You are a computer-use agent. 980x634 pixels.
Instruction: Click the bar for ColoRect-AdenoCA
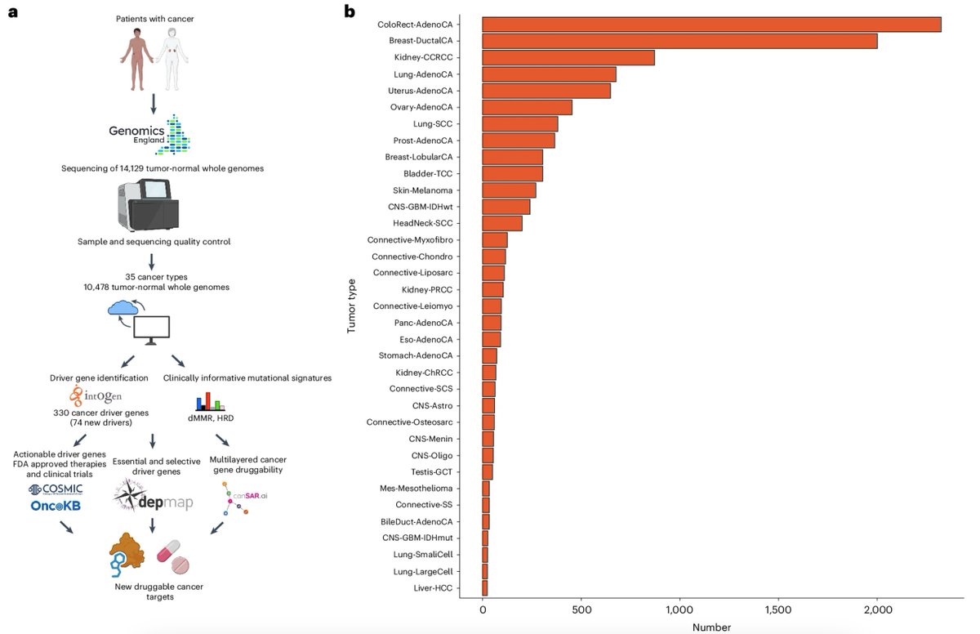tap(711, 25)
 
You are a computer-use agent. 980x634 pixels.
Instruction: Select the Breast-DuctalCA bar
tap(679, 41)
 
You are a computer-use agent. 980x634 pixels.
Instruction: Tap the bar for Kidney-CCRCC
tap(568, 58)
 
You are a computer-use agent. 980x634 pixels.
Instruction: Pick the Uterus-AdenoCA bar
tap(546, 91)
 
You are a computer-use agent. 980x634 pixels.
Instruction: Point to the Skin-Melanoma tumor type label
tap(422, 190)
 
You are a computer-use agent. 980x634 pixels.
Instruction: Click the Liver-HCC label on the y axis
tap(433, 588)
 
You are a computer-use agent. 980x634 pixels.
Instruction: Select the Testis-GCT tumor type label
tap(431, 472)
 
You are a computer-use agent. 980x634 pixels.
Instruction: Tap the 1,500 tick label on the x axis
tap(778, 610)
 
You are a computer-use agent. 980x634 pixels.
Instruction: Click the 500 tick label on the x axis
tap(581, 610)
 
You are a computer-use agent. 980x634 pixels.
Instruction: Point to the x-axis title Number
tap(711, 627)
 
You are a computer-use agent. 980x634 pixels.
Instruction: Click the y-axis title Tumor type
tap(351, 306)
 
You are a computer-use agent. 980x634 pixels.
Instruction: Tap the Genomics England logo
tap(149, 135)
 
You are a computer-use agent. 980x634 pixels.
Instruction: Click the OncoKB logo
tap(56, 506)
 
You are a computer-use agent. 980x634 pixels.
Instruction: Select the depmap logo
tap(153, 496)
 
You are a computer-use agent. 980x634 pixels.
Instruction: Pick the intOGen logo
tap(96, 396)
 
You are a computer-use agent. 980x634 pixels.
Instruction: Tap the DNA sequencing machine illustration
tap(149, 204)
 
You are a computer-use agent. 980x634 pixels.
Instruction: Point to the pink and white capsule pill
tap(168, 551)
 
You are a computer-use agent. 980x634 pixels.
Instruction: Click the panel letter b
tap(350, 11)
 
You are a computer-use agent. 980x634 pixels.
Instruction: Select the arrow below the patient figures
tap(154, 104)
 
